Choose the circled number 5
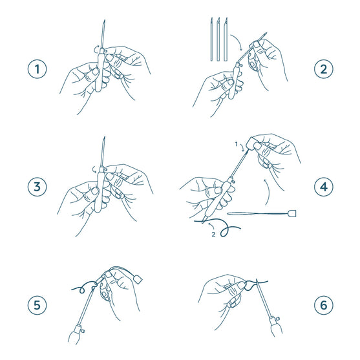(x=37, y=304)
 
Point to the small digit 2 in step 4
(x=213, y=235)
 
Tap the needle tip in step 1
(x=103, y=23)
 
